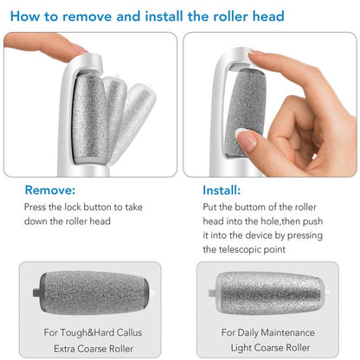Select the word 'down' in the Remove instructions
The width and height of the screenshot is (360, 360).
pyautogui.click(x=38, y=222)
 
